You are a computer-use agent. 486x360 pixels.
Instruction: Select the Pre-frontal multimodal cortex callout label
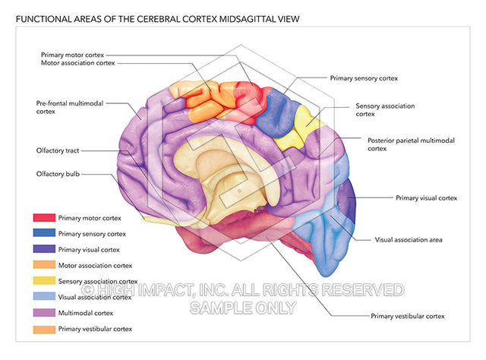(x=68, y=106)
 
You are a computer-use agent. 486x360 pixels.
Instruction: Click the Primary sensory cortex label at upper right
(x=364, y=77)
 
